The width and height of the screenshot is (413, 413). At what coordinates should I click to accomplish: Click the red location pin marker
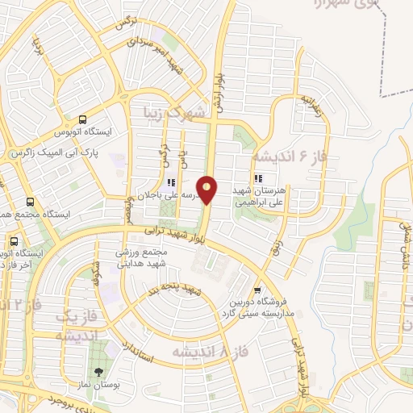pyautogui.click(x=207, y=190)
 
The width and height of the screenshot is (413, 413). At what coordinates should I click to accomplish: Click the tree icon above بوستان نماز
pyautogui.click(x=98, y=373)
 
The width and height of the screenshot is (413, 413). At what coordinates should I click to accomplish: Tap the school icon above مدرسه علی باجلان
pyautogui.click(x=169, y=183)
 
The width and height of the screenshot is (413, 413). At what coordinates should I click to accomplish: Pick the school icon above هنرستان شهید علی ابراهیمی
pyautogui.click(x=258, y=179)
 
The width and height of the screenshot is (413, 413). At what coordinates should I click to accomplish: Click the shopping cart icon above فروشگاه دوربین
pyautogui.click(x=257, y=291)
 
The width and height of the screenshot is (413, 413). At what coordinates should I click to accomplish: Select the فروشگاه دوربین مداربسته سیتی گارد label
pyautogui.click(x=258, y=310)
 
